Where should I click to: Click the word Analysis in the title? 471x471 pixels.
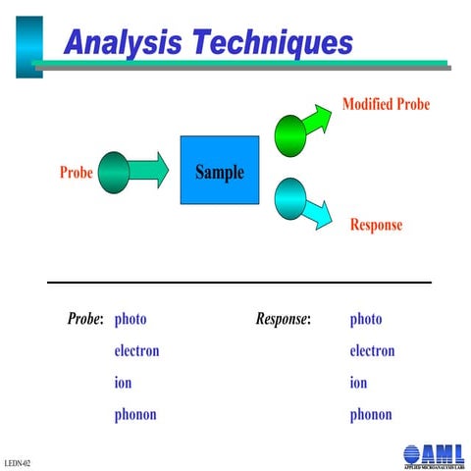[123, 43]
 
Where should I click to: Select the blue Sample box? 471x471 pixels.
[219, 171]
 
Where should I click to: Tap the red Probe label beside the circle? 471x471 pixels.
[77, 173]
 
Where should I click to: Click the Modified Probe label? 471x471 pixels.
[386, 104]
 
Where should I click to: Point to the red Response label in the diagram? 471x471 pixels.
[376, 225]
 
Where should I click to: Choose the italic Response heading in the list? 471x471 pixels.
[283, 319]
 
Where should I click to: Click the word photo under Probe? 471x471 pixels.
[131, 319]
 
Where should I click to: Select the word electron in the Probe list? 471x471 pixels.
[136, 350]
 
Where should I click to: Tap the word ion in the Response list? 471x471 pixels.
[358, 383]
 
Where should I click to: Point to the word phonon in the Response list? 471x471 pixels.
[371, 414]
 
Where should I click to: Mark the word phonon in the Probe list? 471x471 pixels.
[135, 414]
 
